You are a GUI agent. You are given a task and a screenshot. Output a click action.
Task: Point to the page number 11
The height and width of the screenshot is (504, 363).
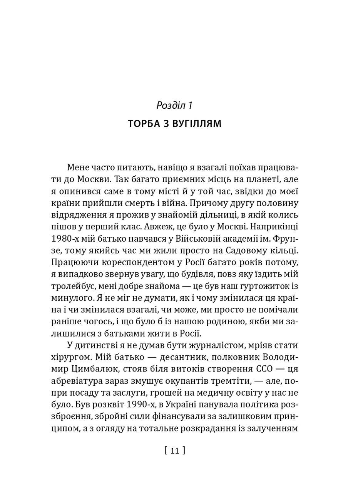pyautogui.click(x=174, y=451)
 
